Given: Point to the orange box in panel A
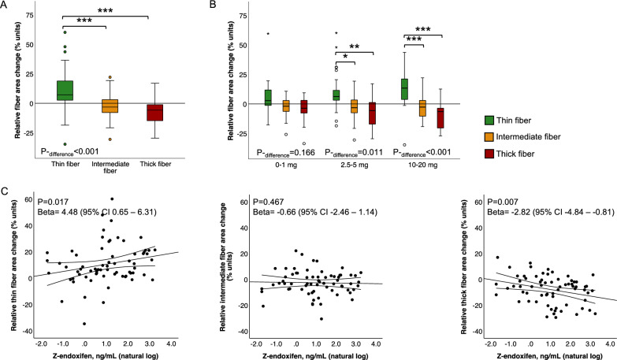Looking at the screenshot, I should [x=103, y=106].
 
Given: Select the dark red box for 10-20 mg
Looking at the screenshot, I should [x=441, y=117].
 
